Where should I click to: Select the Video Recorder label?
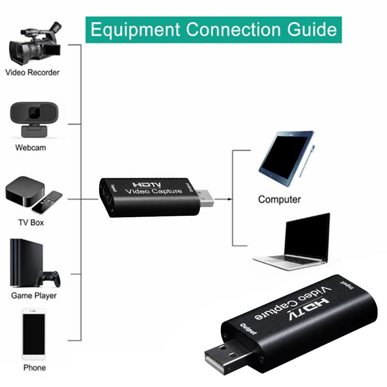coord(32,73)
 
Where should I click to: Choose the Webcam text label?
coord(30,148)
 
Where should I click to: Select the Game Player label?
coord(34,295)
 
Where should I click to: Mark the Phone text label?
coord(34,368)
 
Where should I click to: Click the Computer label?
coord(279,199)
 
